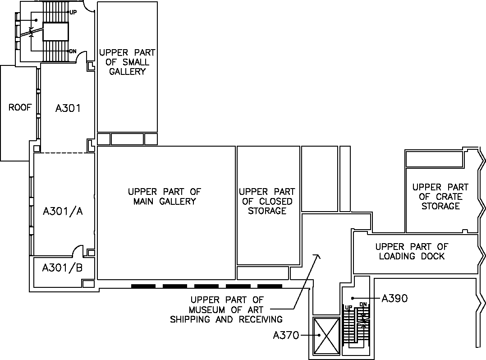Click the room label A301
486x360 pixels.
point(68,108)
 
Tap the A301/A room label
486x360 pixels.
point(63,211)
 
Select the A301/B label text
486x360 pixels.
point(62,268)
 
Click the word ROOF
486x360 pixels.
point(20,108)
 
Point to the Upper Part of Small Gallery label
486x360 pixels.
point(127,62)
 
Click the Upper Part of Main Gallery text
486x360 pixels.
point(164,197)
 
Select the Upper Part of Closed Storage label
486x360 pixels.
point(267,201)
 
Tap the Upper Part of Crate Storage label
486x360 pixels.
point(440,197)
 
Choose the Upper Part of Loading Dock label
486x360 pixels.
point(412,251)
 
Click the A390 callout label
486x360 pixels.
point(394,298)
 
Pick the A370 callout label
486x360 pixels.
point(286,335)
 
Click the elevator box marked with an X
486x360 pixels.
point(326,335)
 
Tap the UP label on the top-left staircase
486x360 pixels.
point(73,12)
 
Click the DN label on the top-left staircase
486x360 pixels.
point(73,51)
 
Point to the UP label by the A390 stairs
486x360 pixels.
point(348,307)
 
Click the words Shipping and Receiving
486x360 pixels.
point(226,319)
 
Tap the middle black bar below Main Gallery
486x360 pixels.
point(206,286)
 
